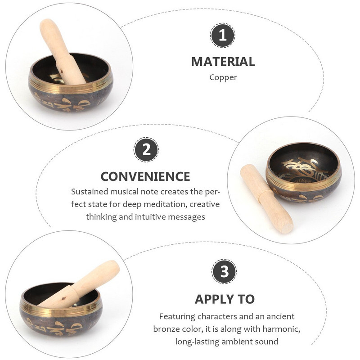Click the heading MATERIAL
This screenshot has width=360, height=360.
pos(223,62)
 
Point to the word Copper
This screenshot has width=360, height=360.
pos(223,77)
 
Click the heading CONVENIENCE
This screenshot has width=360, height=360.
pos(145,176)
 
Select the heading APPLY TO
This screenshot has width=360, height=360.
pos(225,299)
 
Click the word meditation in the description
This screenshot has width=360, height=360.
pos(165,204)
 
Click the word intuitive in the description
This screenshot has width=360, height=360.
pos(151,216)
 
